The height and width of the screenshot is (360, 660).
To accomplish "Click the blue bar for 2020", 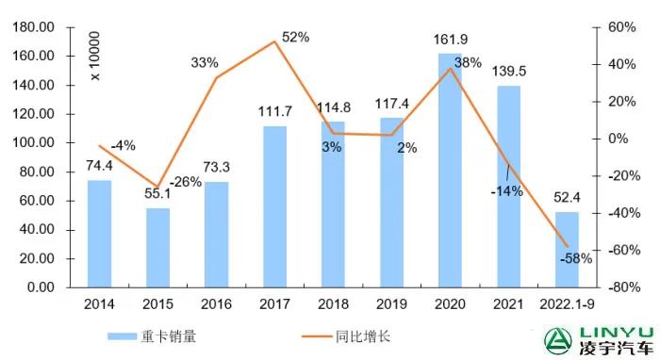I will pos(450,170).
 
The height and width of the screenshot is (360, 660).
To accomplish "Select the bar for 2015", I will pos(157,247).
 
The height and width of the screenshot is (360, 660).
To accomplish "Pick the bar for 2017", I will pos(274,206).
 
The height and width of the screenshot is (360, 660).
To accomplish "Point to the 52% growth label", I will pos(295,37).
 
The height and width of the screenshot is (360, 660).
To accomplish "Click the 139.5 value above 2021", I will pos(508,72).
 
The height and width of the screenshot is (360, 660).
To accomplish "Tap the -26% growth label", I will pos(187,182).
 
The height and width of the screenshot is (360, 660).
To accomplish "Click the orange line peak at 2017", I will pos(274,41).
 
